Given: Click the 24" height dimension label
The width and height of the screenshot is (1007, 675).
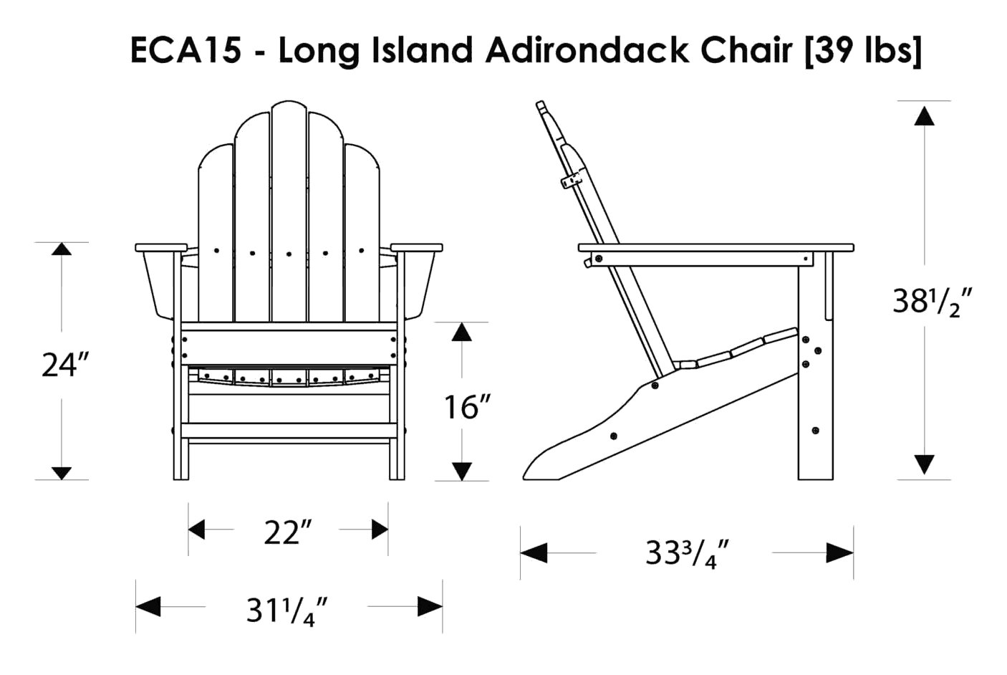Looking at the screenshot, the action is tap(66, 365).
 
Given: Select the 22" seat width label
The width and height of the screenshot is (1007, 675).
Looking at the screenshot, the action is tap(288, 533).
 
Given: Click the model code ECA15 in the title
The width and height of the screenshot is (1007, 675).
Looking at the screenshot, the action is tap(185, 49).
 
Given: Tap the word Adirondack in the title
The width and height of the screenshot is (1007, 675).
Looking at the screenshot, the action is tap(587, 49).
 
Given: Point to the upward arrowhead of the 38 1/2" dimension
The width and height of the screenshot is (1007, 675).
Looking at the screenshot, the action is tap(925, 115).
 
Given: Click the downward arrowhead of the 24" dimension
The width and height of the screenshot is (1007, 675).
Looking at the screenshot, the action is tap(61, 473).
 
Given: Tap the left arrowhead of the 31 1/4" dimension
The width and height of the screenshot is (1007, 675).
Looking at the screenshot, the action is tap(148, 606).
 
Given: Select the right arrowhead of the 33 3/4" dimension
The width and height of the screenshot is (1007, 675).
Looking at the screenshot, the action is tap(840, 552).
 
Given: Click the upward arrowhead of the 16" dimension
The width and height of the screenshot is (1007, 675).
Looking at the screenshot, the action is tap(462, 332).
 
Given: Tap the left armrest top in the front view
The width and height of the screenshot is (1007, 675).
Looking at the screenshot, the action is tap(161, 247).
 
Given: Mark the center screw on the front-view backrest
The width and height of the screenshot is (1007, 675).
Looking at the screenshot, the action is tap(289, 254).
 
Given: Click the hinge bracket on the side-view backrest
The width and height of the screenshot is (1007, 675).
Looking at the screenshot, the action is tap(572, 181).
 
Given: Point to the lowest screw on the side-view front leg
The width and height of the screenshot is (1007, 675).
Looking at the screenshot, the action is tap(816, 431).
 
